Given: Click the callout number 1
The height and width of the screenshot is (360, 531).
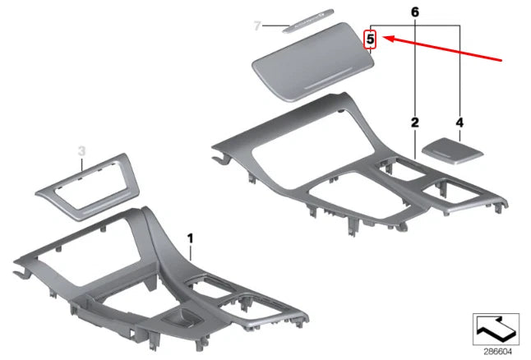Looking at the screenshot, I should [x=191, y=238].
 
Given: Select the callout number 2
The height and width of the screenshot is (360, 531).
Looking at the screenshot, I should [x=415, y=122].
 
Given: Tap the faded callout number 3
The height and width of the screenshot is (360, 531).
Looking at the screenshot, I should [x=81, y=150].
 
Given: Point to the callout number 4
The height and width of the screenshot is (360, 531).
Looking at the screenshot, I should [x=459, y=122].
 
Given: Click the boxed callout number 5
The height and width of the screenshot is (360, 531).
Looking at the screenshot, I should [x=371, y=38].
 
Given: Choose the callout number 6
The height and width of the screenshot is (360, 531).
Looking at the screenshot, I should [x=415, y=12].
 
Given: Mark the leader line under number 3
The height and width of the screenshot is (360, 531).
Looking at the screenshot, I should [x=81, y=164].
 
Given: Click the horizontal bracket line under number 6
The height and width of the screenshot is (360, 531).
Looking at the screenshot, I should [x=415, y=25].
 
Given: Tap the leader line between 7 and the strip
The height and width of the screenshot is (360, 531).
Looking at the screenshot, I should [x=271, y=26].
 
